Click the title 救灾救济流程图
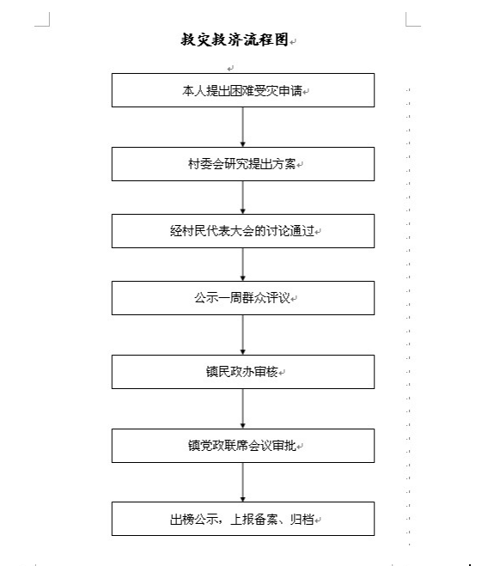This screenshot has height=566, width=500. (x=235, y=40)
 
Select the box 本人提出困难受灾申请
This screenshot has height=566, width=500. (x=243, y=90)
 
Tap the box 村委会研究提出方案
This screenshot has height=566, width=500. (x=243, y=164)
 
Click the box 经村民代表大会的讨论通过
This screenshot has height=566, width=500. (x=243, y=231)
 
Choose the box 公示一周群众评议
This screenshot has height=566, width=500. (x=243, y=298)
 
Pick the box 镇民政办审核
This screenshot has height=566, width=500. (x=243, y=372)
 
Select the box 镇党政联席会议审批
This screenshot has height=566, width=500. (x=243, y=446)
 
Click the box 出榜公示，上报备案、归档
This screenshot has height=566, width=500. (x=243, y=519)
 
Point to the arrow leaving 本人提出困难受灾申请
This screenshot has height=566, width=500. (x=242, y=127)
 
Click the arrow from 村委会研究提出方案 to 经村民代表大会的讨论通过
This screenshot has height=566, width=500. (x=242, y=198)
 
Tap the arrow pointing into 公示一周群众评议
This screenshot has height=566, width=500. (x=242, y=265)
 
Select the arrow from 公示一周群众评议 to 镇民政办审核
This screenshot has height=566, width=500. (x=242, y=335)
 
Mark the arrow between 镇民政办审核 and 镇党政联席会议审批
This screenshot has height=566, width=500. (x=242, y=409)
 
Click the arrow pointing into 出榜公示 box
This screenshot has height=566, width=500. (x=242, y=482)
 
